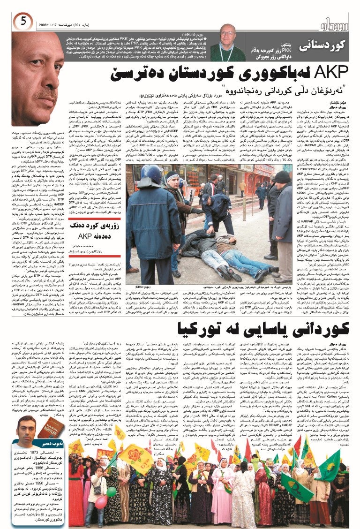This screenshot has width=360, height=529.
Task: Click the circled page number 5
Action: (22, 20)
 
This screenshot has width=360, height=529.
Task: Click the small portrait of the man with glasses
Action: (229, 42)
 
